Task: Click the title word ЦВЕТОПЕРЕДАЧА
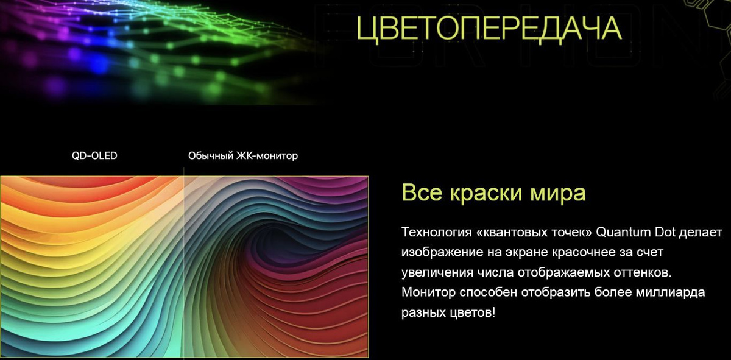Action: [x=489, y=29]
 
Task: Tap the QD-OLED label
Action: [x=94, y=156]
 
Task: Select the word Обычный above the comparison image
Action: [x=211, y=156]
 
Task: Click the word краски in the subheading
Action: [x=486, y=192]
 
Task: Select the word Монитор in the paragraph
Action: [x=428, y=292]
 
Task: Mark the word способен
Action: [x=488, y=292]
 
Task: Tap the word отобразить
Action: [x=556, y=292]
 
